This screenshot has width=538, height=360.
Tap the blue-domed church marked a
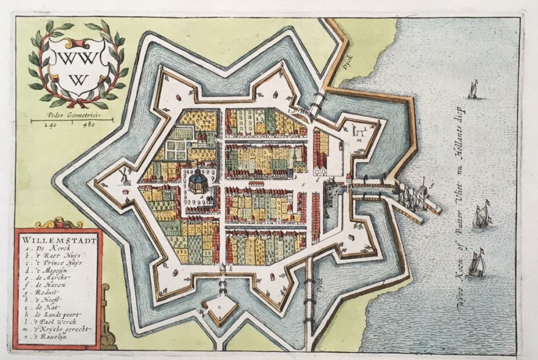point(198,182)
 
